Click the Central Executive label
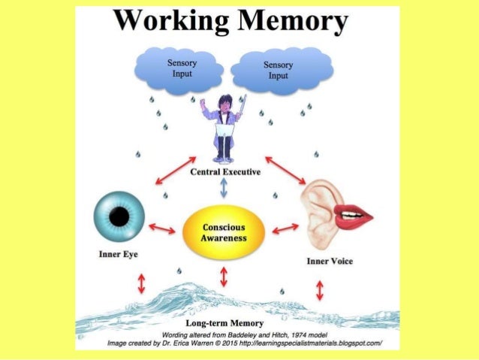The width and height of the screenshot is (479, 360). click(x=225, y=172)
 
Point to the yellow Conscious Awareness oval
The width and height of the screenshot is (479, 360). click(x=223, y=231)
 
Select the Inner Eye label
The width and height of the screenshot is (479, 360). click(x=117, y=254)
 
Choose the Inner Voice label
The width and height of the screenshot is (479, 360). click(x=330, y=261)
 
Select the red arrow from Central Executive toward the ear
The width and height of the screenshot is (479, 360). click(x=285, y=170)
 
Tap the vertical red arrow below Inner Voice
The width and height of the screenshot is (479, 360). click(x=321, y=289)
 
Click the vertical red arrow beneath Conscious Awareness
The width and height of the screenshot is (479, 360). click(x=223, y=275)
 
